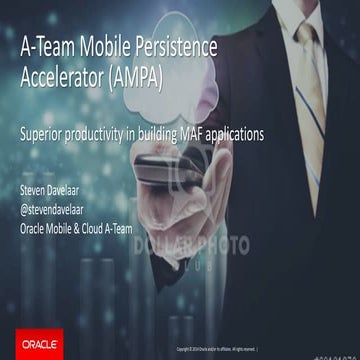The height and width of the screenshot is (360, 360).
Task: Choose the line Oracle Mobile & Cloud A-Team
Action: pyautogui.click(x=90, y=222)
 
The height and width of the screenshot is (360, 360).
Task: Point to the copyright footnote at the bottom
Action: pyautogui.click(x=215, y=349)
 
